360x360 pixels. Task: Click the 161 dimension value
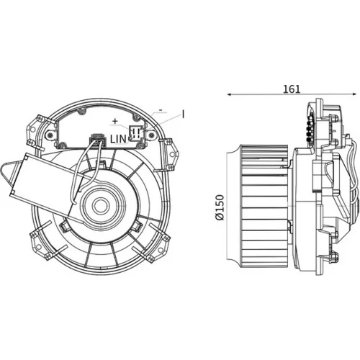tap(292, 89)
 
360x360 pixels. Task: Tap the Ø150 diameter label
tap(220, 207)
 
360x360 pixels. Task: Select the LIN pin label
tap(118, 139)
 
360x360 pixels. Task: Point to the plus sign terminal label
tap(115, 121)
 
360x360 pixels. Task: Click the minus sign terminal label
tap(161, 110)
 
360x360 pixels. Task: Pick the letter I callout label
tap(183, 114)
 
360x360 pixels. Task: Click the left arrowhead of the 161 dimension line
tap(229, 94)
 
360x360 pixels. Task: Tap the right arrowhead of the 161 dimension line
tap(354, 94)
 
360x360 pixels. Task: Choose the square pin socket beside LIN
tap(136, 132)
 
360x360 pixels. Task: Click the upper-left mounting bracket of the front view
tap(35, 131)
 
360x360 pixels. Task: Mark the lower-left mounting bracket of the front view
tap(41, 243)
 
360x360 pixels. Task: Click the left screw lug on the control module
tap(51, 135)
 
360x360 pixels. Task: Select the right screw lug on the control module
tap(151, 136)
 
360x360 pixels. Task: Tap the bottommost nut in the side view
tap(336, 256)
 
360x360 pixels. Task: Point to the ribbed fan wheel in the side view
tap(264, 206)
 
